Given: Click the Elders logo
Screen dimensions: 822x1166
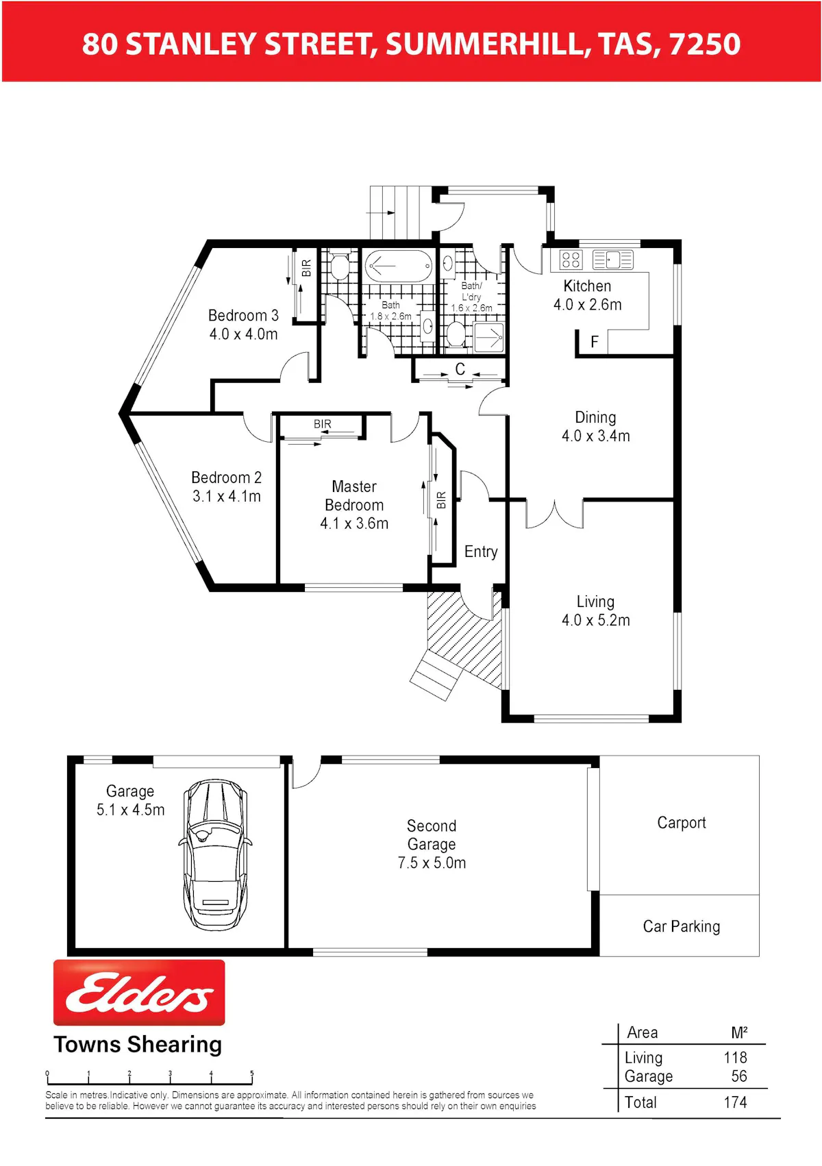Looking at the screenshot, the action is (x=139, y=992).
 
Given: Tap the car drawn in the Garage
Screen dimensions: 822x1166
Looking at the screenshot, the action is (x=215, y=854).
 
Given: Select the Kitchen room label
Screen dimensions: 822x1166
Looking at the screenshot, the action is (x=586, y=286).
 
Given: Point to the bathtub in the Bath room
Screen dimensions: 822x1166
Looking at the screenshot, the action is (x=398, y=266).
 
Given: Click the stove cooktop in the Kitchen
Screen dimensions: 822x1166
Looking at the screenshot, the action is (x=571, y=259).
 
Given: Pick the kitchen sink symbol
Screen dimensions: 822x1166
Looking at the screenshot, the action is (x=612, y=259).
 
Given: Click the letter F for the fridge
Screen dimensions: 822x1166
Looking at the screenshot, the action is (x=595, y=342).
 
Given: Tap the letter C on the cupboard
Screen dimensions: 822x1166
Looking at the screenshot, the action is (x=460, y=369).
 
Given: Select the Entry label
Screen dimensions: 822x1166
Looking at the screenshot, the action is (x=480, y=551).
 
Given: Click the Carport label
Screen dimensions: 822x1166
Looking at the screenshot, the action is (x=681, y=823).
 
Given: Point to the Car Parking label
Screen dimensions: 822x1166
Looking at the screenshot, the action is (x=682, y=926).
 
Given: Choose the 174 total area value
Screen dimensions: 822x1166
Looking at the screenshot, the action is (x=735, y=1102).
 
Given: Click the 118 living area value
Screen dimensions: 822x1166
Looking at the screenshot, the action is (x=735, y=1057).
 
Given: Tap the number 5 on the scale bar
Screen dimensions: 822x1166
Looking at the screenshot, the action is (x=252, y=1074).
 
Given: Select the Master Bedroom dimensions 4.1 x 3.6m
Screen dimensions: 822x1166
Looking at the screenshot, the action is (x=354, y=523).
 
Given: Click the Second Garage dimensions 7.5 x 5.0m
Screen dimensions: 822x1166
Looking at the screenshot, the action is (x=432, y=863).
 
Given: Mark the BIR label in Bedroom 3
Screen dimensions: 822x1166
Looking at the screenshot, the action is (x=307, y=268).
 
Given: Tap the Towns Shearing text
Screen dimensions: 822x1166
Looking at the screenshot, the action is (x=138, y=1045).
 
